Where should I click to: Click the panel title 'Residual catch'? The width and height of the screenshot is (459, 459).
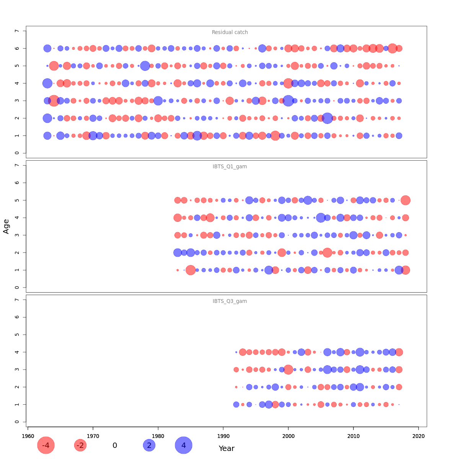pyautogui.click(x=230, y=33)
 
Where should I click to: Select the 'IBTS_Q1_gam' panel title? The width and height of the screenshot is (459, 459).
pyautogui.click(x=230, y=167)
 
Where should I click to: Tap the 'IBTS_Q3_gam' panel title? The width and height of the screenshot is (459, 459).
pyautogui.click(x=230, y=301)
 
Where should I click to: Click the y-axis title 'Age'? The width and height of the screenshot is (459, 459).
pyautogui.click(x=6, y=226)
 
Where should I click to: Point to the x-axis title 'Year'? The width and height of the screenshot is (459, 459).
pyautogui.click(x=226, y=448)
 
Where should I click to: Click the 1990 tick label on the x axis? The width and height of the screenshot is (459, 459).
pyautogui.click(x=223, y=436)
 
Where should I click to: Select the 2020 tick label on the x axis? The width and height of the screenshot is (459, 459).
pyautogui.click(x=418, y=436)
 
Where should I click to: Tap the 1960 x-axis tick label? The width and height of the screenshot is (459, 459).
pyautogui.click(x=28, y=436)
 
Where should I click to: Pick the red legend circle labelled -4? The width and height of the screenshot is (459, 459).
pyautogui.click(x=46, y=445)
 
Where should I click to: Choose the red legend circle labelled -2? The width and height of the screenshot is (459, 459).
pyautogui.click(x=80, y=445)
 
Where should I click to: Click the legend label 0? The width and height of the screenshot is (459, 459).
pyautogui.click(x=115, y=445)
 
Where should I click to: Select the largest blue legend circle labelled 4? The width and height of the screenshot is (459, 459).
pyautogui.click(x=184, y=445)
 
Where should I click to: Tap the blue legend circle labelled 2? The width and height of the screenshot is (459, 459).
pyautogui.click(x=149, y=445)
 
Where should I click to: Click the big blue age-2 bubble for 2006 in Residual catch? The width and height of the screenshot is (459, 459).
pyautogui.click(x=327, y=118)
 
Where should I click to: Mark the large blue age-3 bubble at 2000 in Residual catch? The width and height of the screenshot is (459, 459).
pyautogui.click(x=288, y=101)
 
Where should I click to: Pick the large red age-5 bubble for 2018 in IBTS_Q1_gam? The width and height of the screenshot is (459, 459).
pyautogui.click(x=405, y=200)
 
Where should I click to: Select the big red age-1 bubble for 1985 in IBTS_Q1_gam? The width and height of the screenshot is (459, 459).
pyautogui.click(x=190, y=270)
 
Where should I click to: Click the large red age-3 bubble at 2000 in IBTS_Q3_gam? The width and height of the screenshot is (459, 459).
pyautogui.click(x=288, y=369)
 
